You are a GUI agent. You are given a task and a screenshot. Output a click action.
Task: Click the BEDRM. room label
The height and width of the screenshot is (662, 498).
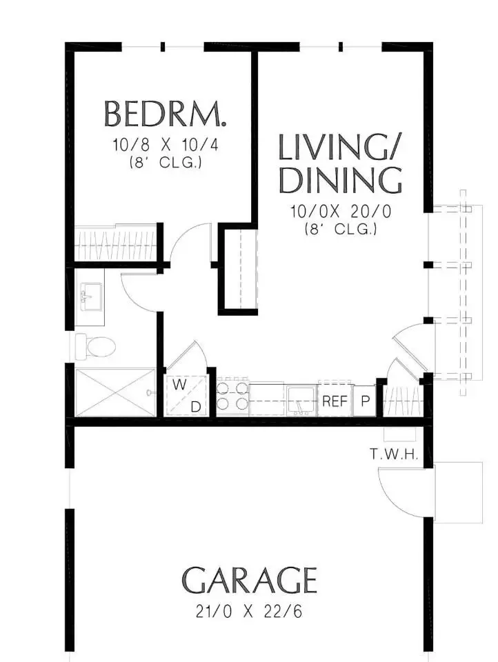tap(165, 114)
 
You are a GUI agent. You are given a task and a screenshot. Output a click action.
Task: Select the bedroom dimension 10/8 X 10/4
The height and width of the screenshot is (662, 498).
tap(165, 146)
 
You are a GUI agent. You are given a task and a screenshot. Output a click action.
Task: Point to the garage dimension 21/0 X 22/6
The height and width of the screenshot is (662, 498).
tap(249, 612)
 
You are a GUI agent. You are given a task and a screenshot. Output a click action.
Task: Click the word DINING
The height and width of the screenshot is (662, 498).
tap(341, 181)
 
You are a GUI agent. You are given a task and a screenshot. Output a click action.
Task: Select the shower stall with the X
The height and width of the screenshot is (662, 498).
tap(115, 392)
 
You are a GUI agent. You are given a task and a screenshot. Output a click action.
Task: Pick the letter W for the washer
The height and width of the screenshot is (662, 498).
tap(179, 385)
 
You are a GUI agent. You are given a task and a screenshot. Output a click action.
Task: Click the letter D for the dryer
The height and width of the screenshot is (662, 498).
tap(196, 407)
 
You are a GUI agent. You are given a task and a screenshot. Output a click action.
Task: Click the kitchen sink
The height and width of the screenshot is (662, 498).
tap(301, 400)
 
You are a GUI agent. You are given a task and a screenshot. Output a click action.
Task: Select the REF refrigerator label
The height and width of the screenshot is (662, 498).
tap(335, 401)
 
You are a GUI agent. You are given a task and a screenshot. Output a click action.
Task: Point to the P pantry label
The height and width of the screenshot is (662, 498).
tap(366, 401)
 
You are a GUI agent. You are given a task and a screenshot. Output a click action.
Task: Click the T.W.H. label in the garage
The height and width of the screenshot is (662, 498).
tap(394, 454)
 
